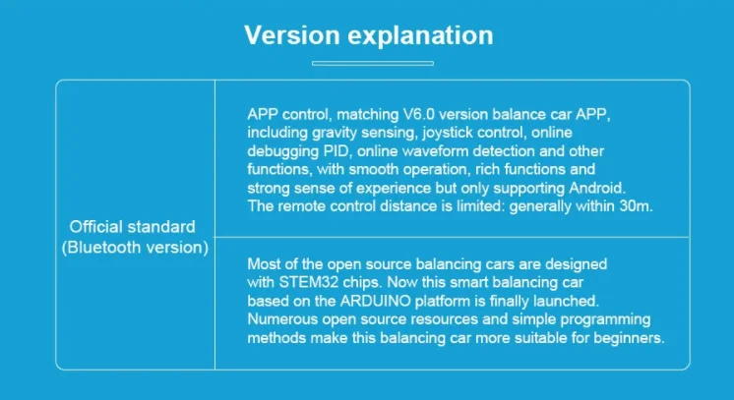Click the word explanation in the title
click(x=420, y=36)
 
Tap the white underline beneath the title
click(x=373, y=63)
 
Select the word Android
click(x=597, y=188)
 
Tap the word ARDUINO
click(x=376, y=301)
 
